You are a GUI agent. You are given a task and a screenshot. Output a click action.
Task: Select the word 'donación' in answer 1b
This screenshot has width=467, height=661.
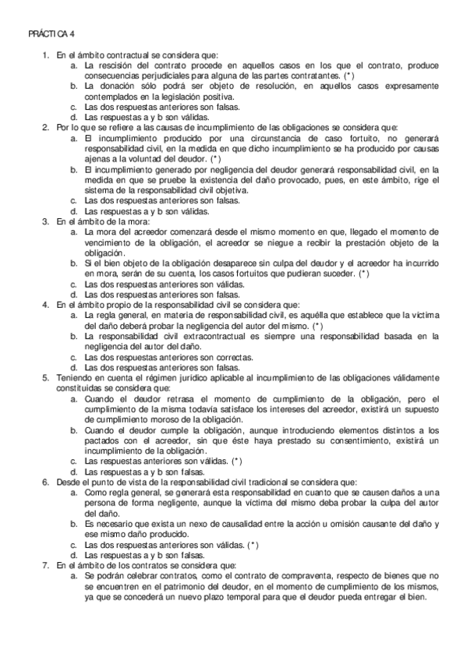(x=114, y=87)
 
